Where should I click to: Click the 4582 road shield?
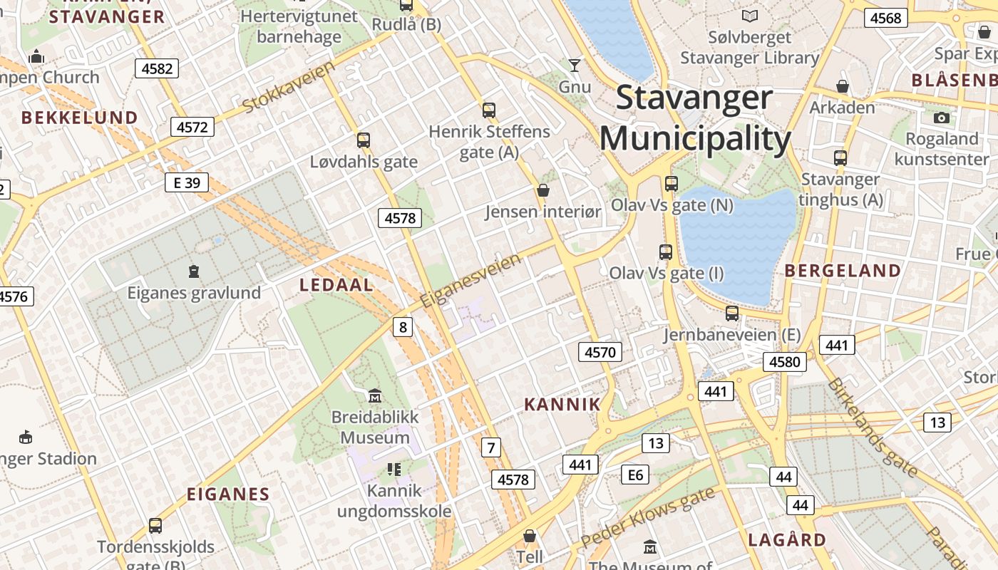157,68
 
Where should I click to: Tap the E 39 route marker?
187,182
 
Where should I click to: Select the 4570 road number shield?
600,351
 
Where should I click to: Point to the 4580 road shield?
785,361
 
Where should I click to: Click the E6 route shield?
635,475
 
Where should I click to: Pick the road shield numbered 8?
403,327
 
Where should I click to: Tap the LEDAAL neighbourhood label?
336,286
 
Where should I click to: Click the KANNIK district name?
562,405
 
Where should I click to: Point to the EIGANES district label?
228,494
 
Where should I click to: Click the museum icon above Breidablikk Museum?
374,395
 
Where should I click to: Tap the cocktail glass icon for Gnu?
575,66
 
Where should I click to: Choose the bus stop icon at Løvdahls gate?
364,140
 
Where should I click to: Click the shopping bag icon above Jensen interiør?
543,190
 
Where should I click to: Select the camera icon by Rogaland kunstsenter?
942,118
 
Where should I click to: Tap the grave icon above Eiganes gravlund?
193,271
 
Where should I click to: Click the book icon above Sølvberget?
750,16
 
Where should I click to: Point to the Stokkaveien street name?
289,87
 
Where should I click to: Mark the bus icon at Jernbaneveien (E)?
732,313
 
